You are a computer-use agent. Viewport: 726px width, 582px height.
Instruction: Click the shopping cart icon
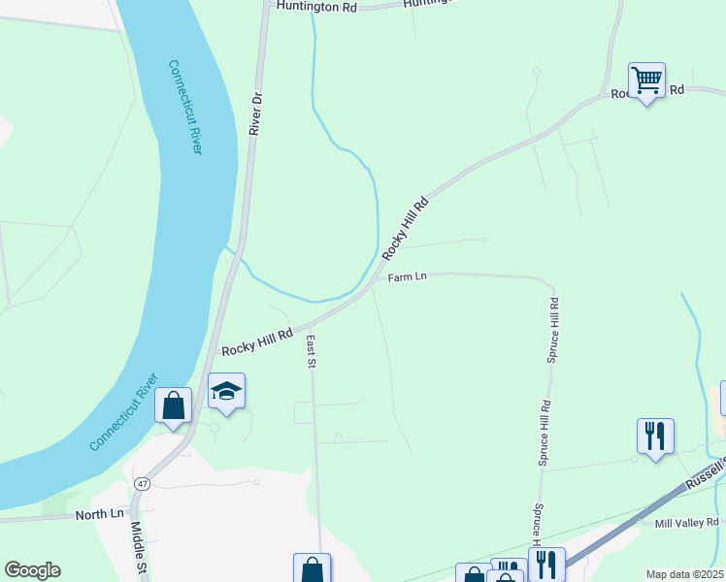pyautogui.click(x=646, y=80)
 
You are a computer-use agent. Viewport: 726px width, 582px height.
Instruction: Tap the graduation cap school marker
pyautogui.click(x=226, y=392)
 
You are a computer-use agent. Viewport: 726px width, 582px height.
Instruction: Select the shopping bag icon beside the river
pyautogui.click(x=173, y=405)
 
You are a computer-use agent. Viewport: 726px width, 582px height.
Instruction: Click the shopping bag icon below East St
pyautogui.click(x=312, y=569)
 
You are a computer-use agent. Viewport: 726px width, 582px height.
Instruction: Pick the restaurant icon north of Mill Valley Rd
pyautogui.click(x=655, y=436)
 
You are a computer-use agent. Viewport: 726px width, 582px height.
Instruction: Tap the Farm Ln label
pyautogui.click(x=408, y=277)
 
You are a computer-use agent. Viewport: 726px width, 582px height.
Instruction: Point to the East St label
pyautogui.click(x=312, y=352)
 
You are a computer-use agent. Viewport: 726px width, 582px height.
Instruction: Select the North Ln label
pyautogui.click(x=101, y=514)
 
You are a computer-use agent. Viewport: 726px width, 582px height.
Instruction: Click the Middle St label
pyautogui.click(x=138, y=545)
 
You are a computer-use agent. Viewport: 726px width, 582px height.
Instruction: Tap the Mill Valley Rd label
pyautogui.click(x=686, y=523)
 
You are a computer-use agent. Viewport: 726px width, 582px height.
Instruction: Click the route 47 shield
pyautogui.click(x=143, y=483)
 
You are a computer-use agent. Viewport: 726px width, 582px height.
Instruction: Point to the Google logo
pyautogui.click(x=32, y=570)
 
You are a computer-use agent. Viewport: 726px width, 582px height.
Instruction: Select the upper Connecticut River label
pyautogui.click(x=184, y=107)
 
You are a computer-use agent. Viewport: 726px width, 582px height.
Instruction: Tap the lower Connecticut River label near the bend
pyautogui.click(x=123, y=411)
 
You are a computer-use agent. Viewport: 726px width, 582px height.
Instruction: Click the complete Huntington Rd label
pyautogui.click(x=316, y=7)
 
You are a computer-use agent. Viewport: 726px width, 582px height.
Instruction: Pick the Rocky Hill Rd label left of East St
pyautogui.click(x=257, y=340)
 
